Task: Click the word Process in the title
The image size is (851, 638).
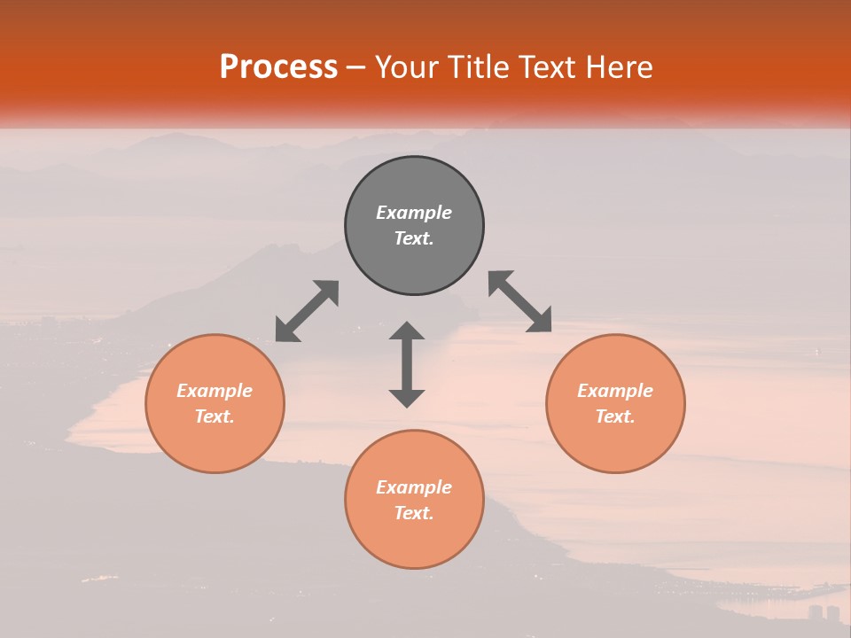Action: click(x=278, y=67)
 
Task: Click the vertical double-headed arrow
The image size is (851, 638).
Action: click(x=407, y=364)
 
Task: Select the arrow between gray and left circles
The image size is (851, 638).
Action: click(x=307, y=311)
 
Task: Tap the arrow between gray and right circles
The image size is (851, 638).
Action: click(x=520, y=301)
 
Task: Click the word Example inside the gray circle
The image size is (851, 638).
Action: click(x=414, y=213)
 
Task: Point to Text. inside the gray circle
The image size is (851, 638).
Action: click(x=414, y=238)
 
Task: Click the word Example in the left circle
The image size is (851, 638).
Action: click(x=215, y=391)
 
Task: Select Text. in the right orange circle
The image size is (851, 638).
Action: click(x=615, y=416)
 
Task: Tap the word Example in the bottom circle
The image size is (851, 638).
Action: click(x=414, y=487)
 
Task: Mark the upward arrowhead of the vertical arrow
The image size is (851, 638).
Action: click(x=407, y=331)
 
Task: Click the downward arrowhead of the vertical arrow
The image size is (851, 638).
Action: click(x=407, y=398)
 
